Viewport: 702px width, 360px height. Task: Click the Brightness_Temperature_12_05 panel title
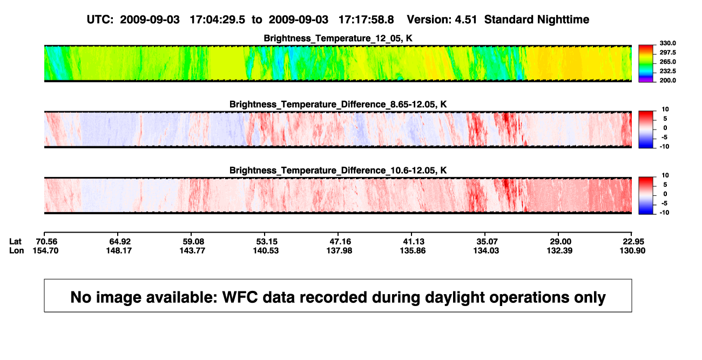(338, 38)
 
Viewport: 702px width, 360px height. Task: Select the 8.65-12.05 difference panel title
(338, 104)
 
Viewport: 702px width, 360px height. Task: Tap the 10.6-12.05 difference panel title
(338, 171)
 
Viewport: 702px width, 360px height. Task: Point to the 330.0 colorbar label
(667, 43)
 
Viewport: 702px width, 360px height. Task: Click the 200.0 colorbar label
(667, 80)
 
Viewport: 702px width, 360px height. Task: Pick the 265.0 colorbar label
(667, 62)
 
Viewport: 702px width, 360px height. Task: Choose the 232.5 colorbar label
(667, 71)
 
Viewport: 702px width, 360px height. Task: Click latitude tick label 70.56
(45, 242)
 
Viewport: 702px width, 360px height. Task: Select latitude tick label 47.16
(339, 242)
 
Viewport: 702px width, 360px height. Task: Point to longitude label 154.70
(45, 250)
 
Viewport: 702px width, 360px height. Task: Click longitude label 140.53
(266, 250)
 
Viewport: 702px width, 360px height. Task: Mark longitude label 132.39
(559, 250)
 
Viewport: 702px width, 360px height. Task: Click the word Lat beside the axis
(15, 242)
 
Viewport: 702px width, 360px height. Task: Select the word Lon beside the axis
(16, 250)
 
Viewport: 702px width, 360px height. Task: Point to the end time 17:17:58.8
(366, 20)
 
